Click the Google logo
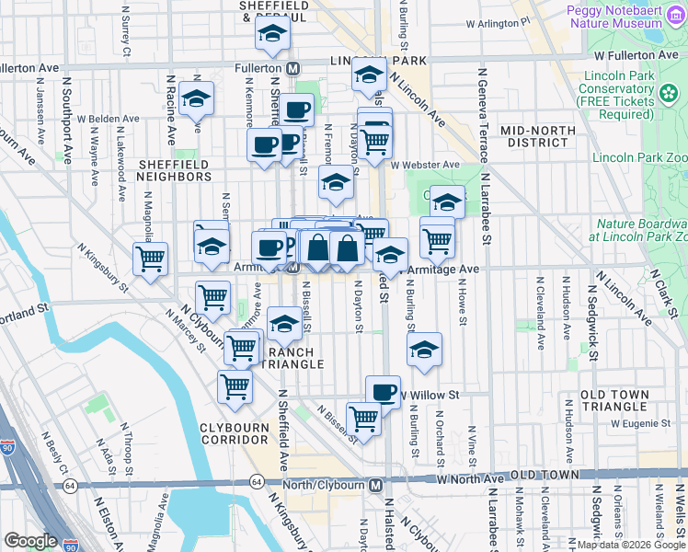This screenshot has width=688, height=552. pos(30,541)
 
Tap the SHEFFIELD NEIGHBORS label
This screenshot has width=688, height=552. pos(175,169)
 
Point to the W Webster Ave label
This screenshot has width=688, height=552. pos(424,166)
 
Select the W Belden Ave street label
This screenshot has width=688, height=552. pos(108,119)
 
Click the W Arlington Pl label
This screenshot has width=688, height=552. pos(498,22)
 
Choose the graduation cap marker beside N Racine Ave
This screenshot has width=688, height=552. pos(196,98)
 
